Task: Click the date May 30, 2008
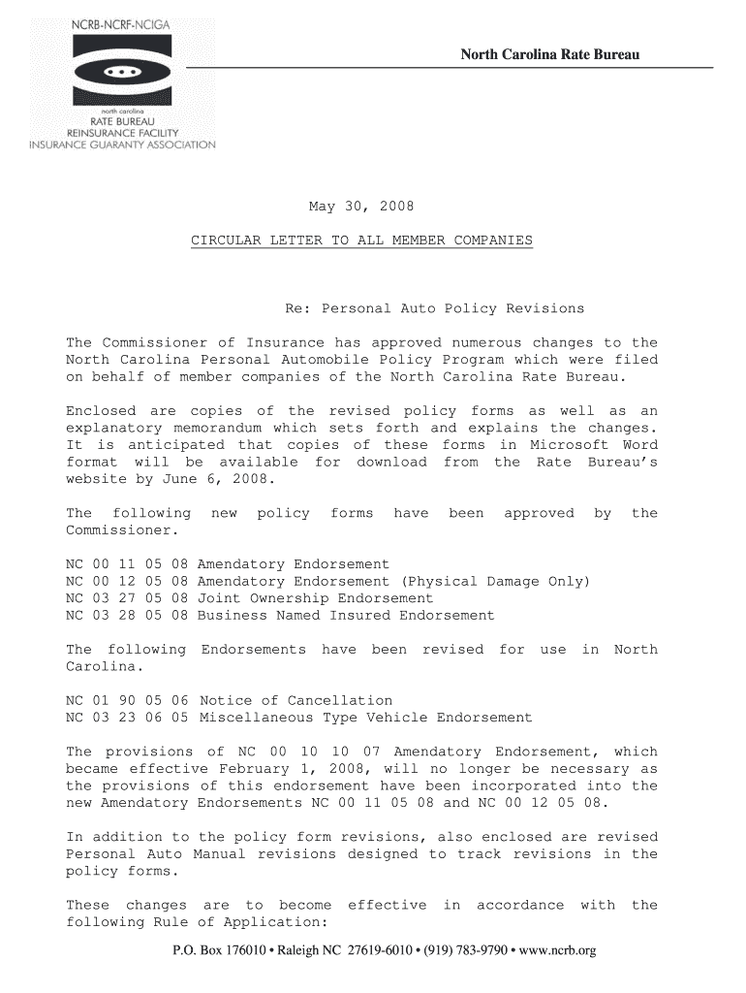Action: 360,206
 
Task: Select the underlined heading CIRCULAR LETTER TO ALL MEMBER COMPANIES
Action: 360,240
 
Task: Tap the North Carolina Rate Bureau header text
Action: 549,54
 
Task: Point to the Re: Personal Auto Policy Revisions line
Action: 434,308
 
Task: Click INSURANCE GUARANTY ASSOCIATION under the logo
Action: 121,145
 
